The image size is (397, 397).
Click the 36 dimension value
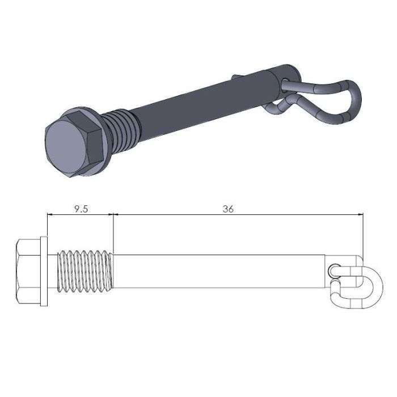(229, 209)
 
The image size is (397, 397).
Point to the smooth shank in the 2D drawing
(221, 271)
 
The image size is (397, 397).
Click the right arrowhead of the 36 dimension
(360, 215)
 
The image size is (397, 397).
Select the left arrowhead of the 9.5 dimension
(50, 215)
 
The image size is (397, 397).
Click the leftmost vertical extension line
(47, 227)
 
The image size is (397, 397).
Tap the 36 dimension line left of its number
(170, 215)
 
